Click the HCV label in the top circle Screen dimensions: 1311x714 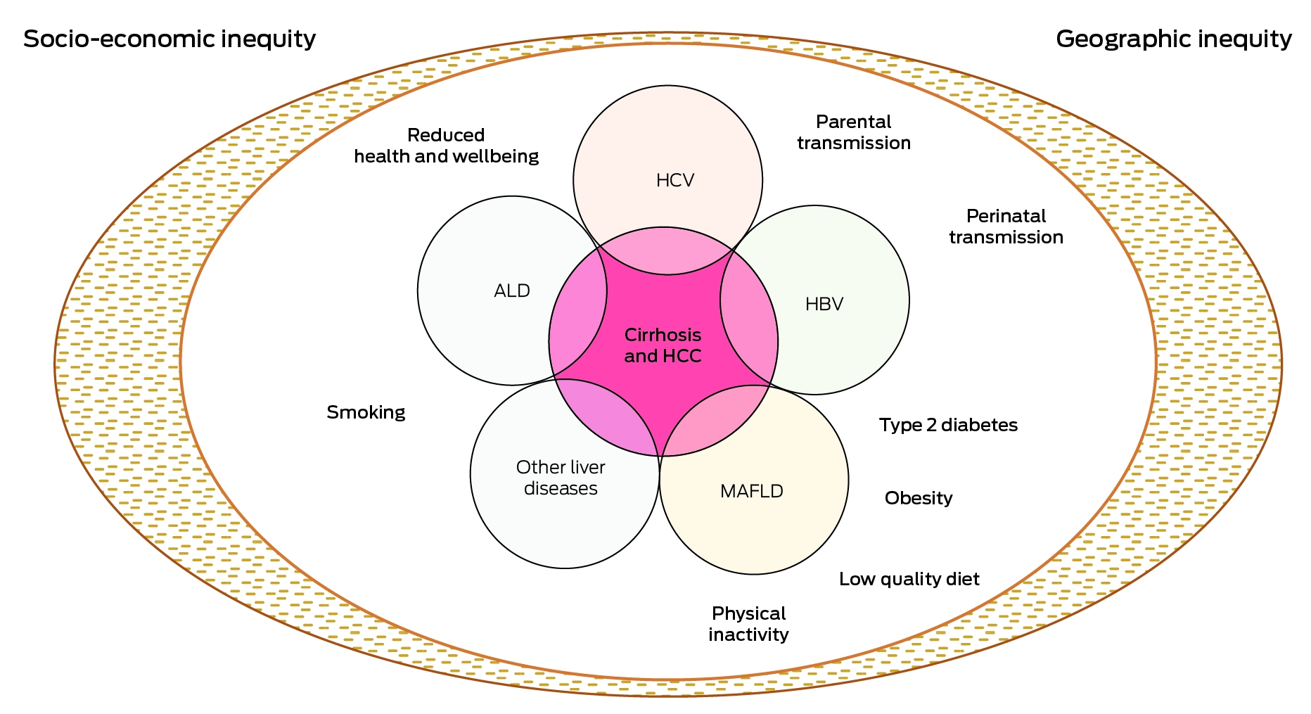[675, 181]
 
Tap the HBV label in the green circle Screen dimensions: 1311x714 [824, 304]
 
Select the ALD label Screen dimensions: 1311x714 [512, 291]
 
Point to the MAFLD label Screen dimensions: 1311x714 [752, 491]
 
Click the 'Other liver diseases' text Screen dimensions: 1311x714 [561, 478]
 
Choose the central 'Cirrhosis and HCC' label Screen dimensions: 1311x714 [663, 345]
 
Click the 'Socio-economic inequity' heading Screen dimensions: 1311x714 [170, 39]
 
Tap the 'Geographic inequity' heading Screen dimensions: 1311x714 [1174, 39]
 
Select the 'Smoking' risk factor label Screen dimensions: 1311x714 [366, 412]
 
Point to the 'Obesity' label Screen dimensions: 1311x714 [919, 498]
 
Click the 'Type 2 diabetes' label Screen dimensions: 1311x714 [948, 425]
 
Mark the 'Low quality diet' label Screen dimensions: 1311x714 [909, 579]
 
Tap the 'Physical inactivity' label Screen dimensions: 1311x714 [748, 624]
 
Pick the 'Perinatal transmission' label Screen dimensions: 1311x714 [1006, 227]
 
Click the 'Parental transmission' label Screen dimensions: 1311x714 [854, 132]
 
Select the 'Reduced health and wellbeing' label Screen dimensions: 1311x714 [447, 146]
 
